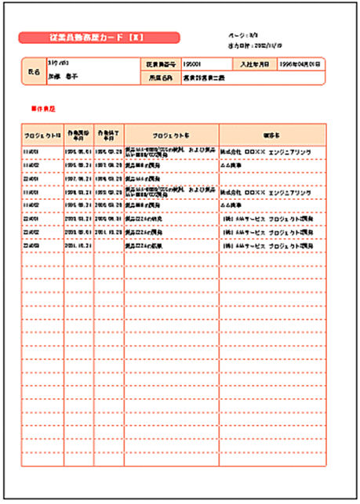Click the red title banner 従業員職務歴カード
(x=100, y=38)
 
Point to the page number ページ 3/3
(x=238, y=36)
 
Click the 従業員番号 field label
(x=160, y=63)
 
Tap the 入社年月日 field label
(x=254, y=63)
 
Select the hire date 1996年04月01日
(x=300, y=63)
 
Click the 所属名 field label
(x=160, y=78)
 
